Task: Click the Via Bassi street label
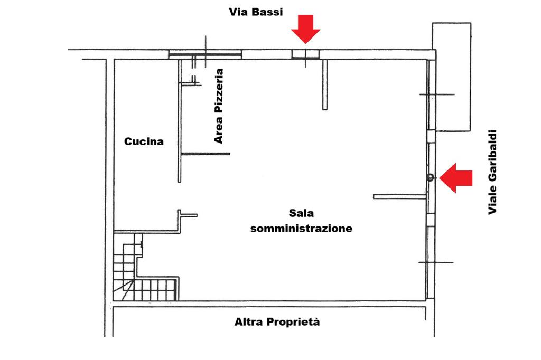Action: click(x=256, y=12)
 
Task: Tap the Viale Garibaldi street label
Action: click(x=492, y=172)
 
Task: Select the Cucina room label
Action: click(x=144, y=141)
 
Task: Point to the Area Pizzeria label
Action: click(x=219, y=106)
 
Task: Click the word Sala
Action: click(x=301, y=213)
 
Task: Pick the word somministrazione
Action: click(x=301, y=228)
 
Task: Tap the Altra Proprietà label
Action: click(x=277, y=321)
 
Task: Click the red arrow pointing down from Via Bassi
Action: click(x=305, y=29)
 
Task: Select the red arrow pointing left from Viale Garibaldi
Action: click(x=456, y=178)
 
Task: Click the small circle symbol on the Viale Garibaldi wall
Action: click(x=430, y=178)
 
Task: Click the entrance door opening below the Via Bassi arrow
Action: click(x=305, y=54)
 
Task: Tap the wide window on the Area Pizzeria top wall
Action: click(x=205, y=54)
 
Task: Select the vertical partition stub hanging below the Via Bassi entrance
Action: click(x=325, y=85)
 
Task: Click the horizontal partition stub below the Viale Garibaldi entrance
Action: click(x=400, y=197)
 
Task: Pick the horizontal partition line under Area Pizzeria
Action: click(x=206, y=154)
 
